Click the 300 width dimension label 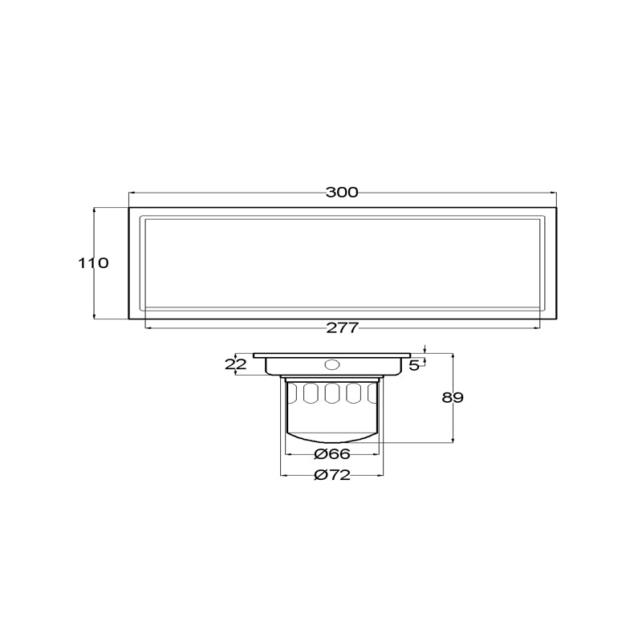[x=342, y=192]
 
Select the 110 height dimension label [x=93, y=263]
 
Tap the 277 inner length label [x=343, y=327]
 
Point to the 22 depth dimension [x=236, y=364]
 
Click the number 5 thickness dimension [x=414, y=365]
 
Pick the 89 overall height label [x=453, y=397]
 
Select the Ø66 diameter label [x=332, y=453]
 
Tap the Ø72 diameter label [x=332, y=475]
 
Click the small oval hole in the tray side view [x=331, y=364]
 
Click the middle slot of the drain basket [x=332, y=393]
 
